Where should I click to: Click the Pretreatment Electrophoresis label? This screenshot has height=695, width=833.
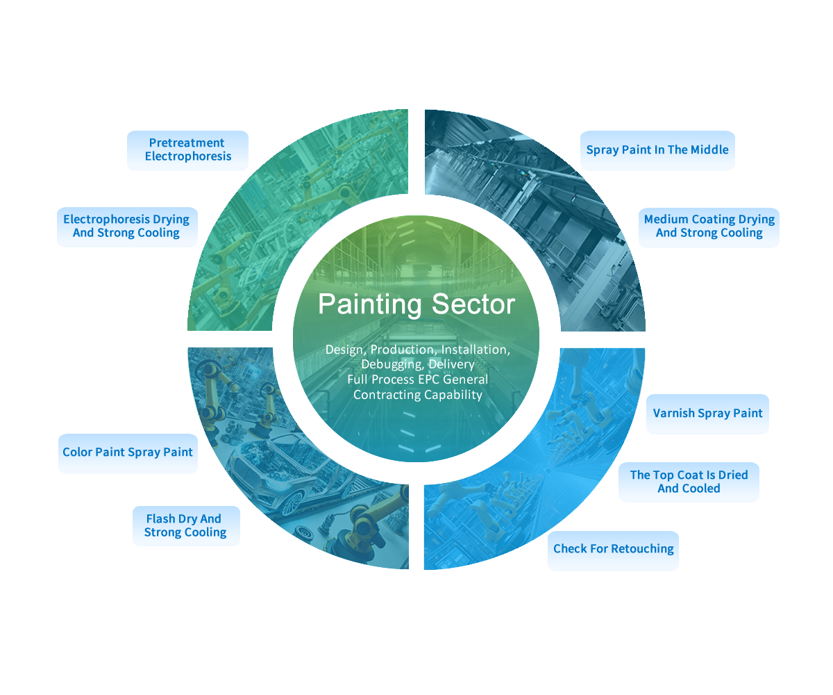(187, 150)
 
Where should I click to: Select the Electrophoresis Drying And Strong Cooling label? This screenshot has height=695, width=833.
(126, 227)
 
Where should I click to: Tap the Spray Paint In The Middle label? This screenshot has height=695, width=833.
(657, 150)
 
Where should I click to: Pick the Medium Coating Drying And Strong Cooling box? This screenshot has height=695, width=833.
(709, 227)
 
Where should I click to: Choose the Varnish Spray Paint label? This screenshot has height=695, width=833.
(707, 414)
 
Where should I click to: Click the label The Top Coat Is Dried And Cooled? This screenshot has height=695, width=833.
(689, 482)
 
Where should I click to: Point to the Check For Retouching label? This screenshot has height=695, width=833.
(613, 549)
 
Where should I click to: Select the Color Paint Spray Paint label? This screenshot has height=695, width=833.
(128, 452)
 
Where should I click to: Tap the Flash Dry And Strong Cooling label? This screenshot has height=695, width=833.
(185, 526)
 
